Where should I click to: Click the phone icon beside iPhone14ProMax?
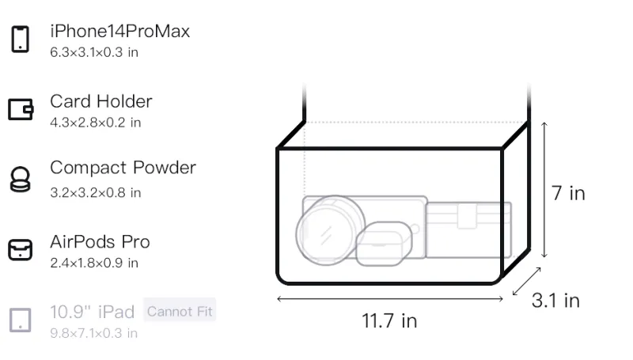pos(21,39)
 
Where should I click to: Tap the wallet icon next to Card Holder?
pos(21,109)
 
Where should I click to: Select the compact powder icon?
pos(21,179)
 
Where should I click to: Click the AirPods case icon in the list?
pos(21,250)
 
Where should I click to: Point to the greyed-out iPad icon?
pos(21,320)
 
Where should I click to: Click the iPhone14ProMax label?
pos(120,31)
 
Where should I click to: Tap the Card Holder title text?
pos(101,101)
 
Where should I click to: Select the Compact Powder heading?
pos(123,168)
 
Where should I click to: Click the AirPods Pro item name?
pos(100,242)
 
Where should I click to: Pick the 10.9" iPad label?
pos(92,312)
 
